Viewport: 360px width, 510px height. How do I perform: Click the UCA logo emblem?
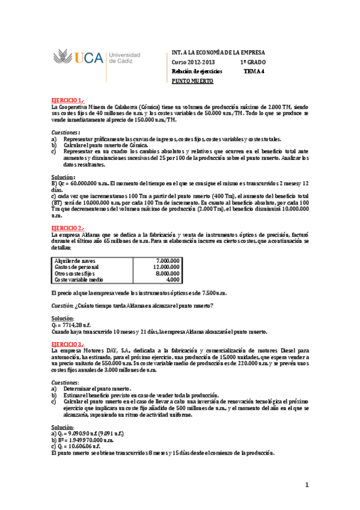(x=64, y=58)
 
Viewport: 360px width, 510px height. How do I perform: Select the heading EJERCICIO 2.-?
(x=68, y=228)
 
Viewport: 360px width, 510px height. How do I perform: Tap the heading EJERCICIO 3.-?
(x=68, y=343)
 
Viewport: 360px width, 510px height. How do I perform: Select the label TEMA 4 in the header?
(x=254, y=71)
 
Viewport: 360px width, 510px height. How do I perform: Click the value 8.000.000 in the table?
(x=165, y=273)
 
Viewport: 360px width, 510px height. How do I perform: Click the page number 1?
(x=306, y=484)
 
